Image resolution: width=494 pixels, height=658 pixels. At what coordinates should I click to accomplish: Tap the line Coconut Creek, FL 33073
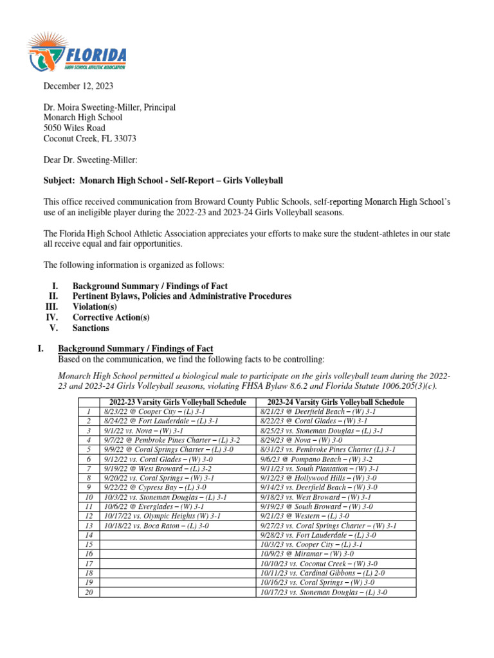(x=89, y=138)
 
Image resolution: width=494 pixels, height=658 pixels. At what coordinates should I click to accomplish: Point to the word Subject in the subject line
(x=59, y=181)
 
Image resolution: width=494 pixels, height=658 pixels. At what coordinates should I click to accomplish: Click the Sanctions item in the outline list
(x=91, y=328)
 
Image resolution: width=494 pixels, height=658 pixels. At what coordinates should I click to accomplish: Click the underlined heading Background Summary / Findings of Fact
(x=135, y=348)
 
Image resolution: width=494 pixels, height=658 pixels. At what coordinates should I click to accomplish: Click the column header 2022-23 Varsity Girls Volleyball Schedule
(x=178, y=402)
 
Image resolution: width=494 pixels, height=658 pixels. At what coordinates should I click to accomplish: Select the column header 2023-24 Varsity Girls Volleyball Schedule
(x=336, y=402)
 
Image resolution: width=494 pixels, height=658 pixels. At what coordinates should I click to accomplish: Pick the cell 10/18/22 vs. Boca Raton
(x=156, y=525)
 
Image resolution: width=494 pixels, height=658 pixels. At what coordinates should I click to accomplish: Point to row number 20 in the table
(x=88, y=592)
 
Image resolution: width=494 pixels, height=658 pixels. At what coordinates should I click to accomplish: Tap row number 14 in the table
(x=88, y=535)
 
